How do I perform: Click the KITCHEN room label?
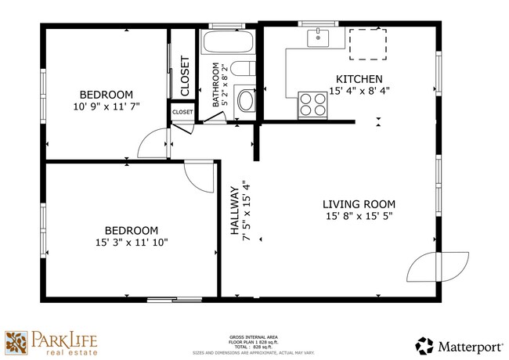[x=359, y=79]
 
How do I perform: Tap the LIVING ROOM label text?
[x=359, y=203]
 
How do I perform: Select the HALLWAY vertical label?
[x=234, y=211]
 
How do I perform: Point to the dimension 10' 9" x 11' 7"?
[x=106, y=106]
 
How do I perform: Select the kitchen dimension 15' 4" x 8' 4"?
[x=359, y=91]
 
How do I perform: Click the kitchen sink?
[x=319, y=36]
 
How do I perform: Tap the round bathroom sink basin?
[x=246, y=100]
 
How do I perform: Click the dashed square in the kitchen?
[x=367, y=44]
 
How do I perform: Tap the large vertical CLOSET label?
[x=185, y=77]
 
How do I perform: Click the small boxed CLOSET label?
[x=182, y=113]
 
